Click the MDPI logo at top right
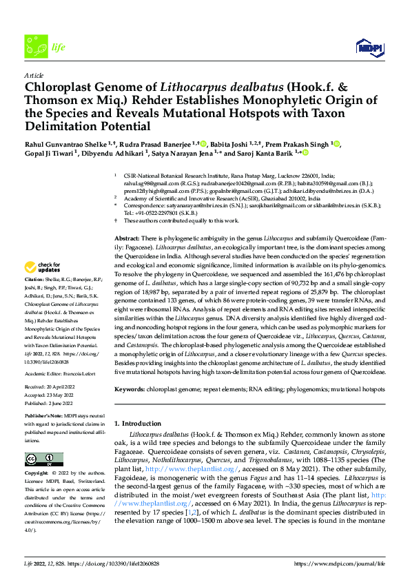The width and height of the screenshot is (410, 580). tap(367, 47)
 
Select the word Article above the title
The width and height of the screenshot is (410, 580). tap(34, 74)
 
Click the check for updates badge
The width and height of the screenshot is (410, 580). tap(43, 267)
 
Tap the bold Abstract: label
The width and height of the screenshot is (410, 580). tap(128, 237)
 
